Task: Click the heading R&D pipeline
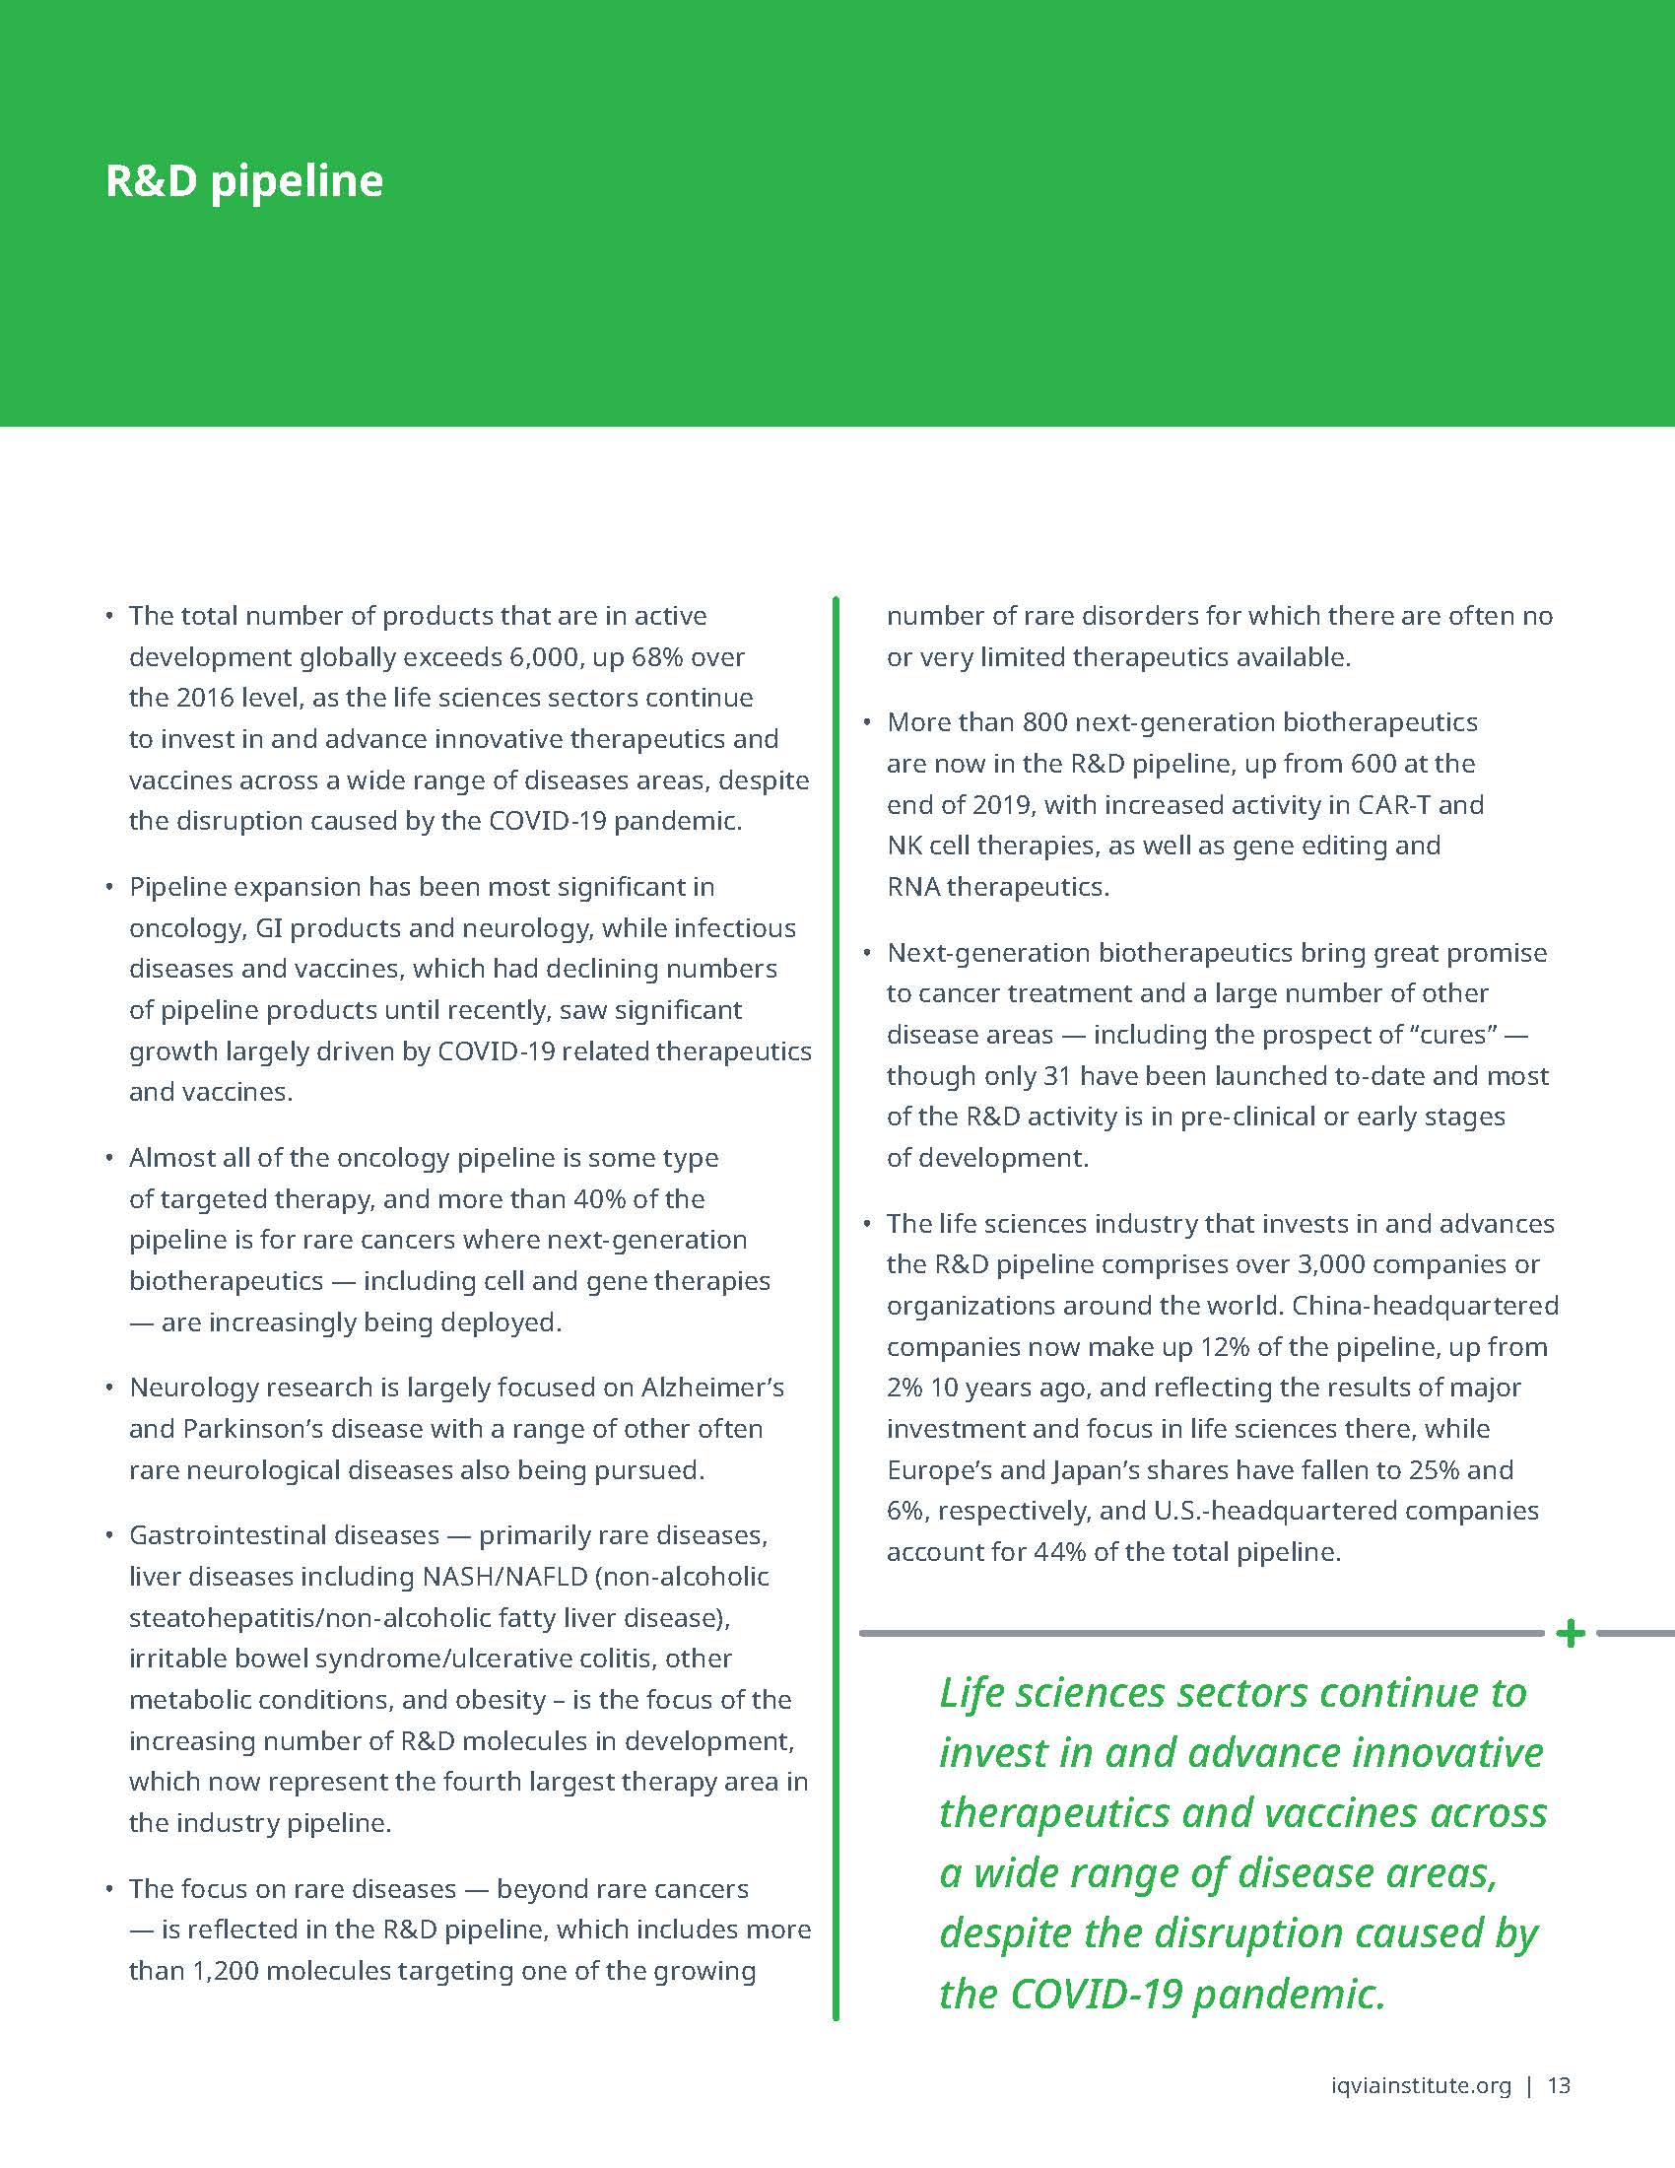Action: pyautogui.click(x=244, y=181)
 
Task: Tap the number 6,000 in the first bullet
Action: pyautogui.click(x=545, y=657)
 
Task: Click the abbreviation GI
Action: pyautogui.click(x=269, y=928)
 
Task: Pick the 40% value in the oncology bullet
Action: pyautogui.click(x=598, y=1199)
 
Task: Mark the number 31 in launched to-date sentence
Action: pyautogui.click(x=1056, y=1076)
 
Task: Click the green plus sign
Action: pyautogui.click(x=1570, y=1633)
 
